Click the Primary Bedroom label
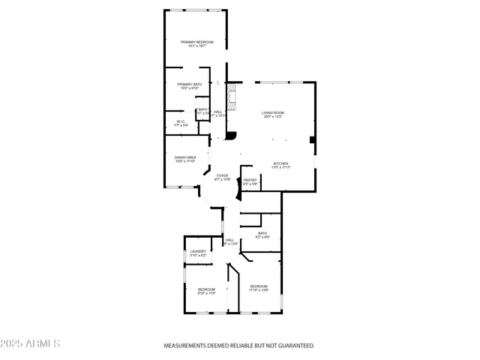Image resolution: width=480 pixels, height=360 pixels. tap(197, 41)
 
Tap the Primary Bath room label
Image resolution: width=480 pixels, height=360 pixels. tap(189, 84)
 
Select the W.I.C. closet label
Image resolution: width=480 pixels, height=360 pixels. tap(181, 121)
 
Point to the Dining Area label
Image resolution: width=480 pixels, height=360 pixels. tap(185, 157)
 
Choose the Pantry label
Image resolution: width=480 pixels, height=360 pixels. tap(250, 179)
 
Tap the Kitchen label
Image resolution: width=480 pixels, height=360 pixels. tap(280, 163)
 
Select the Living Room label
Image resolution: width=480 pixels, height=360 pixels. tap(273, 112)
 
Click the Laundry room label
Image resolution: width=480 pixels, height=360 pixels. tap(198, 251)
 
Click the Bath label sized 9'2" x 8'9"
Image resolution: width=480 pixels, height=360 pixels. tap(262, 233)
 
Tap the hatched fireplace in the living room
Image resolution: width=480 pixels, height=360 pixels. tap(233, 97)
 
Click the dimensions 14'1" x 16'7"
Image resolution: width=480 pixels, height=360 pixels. tap(197, 46)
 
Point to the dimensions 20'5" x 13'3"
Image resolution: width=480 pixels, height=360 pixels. tap(273, 117)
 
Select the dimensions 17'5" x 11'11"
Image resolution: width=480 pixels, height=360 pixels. tap(280, 168)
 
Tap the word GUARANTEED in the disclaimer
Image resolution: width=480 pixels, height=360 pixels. tap(295, 346)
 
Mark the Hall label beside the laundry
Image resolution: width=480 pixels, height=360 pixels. tap(229, 240)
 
